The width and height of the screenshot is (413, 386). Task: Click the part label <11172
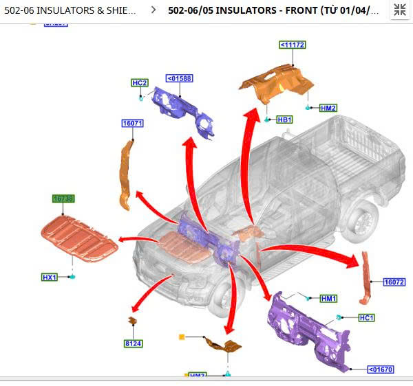point(293,45)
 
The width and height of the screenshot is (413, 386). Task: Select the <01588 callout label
point(180,78)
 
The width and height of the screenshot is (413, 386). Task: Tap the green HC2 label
point(140,83)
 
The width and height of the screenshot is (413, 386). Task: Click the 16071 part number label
point(132,124)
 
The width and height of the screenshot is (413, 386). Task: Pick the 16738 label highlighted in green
point(63,198)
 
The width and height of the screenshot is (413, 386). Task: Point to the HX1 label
point(50,277)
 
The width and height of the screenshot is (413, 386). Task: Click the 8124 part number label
point(133,343)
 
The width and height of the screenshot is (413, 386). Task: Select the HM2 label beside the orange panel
point(328,108)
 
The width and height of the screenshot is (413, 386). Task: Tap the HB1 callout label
point(284,120)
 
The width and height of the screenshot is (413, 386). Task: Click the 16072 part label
point(394,282)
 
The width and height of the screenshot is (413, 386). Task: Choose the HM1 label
point(329,298)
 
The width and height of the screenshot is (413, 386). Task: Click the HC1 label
point(366,318)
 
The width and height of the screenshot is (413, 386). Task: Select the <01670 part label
point(380,370)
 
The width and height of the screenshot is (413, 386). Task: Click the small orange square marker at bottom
point(182,337)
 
